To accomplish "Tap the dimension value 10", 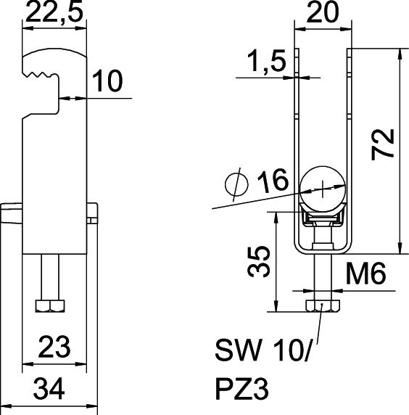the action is (107, 81).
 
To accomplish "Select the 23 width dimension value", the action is (54, 347).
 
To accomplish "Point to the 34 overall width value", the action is (49, 389).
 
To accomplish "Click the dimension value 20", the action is (323, 12).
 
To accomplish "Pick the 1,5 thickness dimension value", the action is (267, 61).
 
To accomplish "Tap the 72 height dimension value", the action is (383, 144).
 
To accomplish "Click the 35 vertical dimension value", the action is (258, 261).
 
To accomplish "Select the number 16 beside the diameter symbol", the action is (273, 181).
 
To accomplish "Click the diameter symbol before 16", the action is (236, 184).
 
